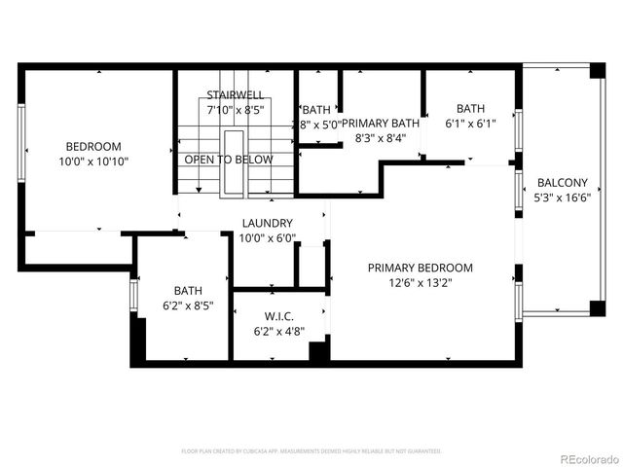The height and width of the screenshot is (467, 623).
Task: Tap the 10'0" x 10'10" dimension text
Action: coord(93,162)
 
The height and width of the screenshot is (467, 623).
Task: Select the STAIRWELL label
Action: coord(234,94)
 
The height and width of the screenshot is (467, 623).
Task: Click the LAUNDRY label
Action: coord(267,223)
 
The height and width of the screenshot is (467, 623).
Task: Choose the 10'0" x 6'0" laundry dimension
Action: coord(267,238)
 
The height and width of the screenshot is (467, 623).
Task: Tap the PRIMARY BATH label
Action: coord(379,123)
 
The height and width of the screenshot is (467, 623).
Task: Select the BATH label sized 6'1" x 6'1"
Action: coord(470,109)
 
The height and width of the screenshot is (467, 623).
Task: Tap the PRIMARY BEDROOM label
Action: coord(420,268)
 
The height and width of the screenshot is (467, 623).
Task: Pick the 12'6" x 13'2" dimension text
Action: coord(420,283)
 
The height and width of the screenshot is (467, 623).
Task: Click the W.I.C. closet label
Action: coord(279,316)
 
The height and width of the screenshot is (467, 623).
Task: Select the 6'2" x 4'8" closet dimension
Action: coord(279,332)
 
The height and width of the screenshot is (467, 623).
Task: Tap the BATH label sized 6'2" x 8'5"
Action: coord(188,290)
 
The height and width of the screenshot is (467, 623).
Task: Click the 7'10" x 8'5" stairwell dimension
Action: coord(234,110)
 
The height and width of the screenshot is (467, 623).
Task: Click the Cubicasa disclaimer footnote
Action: coord(311,451)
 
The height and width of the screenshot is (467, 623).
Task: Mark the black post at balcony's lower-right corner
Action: coord(598,308)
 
